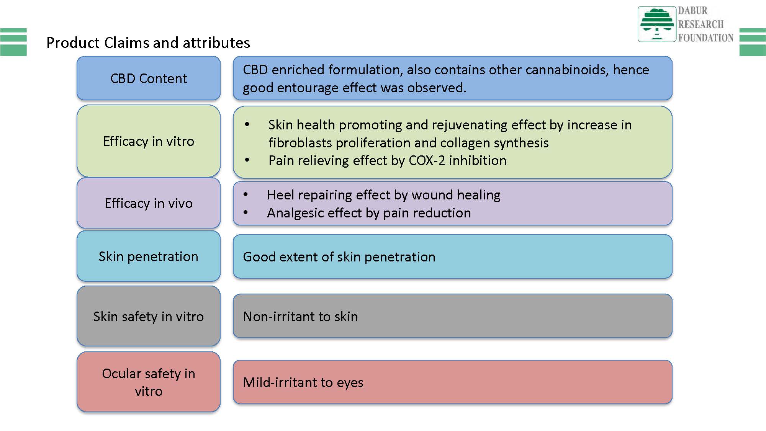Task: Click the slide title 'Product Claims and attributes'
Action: (x=148, y=42)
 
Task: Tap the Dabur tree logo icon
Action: (x=657, y=24)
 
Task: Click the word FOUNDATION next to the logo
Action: (x=706, y=38)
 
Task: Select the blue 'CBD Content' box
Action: (x=149, y=78)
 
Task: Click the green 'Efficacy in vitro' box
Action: (x=149, y=141)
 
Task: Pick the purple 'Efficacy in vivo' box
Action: (x=149, y=203)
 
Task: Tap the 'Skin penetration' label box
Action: (x=149, y=256)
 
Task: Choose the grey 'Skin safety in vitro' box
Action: (x=149, y=317)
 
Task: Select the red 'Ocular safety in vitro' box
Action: (x=149, y=382)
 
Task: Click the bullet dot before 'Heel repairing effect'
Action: (x=246, y=194)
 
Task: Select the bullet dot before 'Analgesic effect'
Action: (x=246, y=212)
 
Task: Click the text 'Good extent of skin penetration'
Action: (x=339, y=257)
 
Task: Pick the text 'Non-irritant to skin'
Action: (x=300, y=317)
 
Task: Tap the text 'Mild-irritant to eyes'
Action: (x=303, y=382)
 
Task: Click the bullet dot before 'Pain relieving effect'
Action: (x=247, y=160)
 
